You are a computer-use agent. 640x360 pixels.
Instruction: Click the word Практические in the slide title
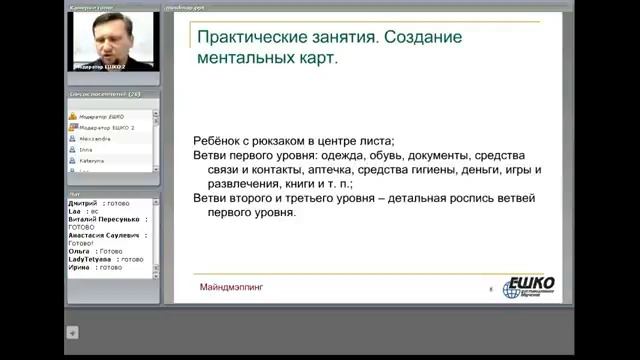[242, 37]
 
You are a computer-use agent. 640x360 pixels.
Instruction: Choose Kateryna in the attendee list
[97, 160]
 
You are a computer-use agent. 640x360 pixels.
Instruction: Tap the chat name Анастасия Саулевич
[106, 235]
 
